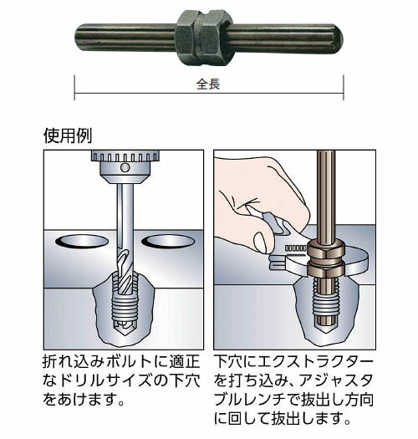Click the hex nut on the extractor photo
204,38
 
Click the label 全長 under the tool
208,84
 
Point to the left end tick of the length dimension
74,87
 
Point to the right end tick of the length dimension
344,87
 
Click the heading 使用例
68,135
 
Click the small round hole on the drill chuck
125,168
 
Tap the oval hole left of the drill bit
82,242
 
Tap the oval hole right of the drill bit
168,242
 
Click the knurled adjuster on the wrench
296,248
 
